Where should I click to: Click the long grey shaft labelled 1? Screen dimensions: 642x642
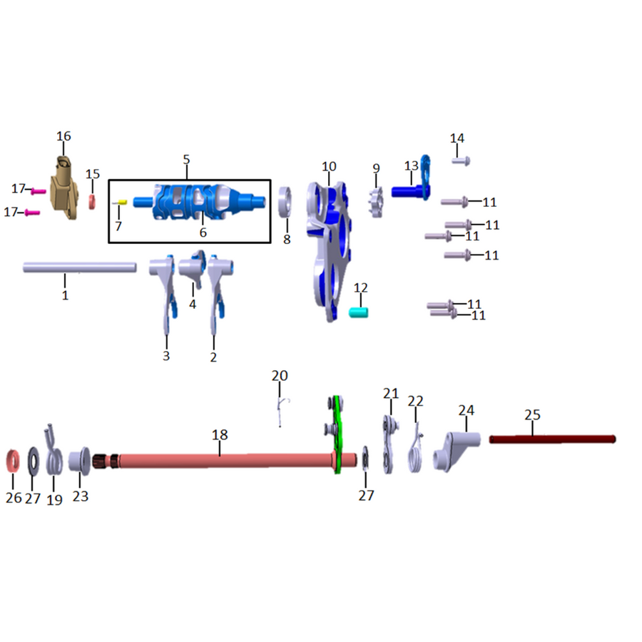click(79, 267)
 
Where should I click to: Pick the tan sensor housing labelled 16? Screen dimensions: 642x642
click(64, 188)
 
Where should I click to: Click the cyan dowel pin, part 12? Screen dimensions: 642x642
click(358, 312)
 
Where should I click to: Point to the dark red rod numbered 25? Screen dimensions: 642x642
click(552, 439)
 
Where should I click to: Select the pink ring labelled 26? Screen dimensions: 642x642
click(13, 460)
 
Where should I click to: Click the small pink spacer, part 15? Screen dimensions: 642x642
click(92, 202)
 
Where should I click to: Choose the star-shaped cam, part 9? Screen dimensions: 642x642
click(377, 203)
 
